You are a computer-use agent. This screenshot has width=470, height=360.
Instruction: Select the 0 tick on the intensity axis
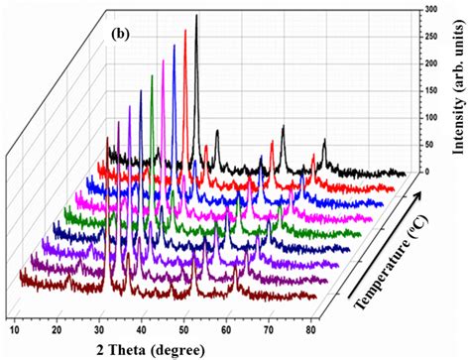click(428, 172)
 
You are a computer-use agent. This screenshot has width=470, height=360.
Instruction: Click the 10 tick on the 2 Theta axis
click(16, 327)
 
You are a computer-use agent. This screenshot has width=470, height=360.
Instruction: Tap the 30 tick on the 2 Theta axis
click(102, 327)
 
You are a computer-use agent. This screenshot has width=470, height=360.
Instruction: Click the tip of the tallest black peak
click(196, 15)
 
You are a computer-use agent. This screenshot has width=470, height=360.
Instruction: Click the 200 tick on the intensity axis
click(431, 63)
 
